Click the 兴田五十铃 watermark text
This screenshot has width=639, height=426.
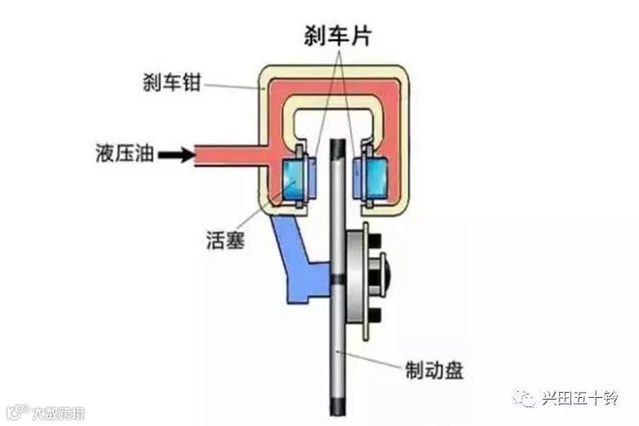point(581,399)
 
